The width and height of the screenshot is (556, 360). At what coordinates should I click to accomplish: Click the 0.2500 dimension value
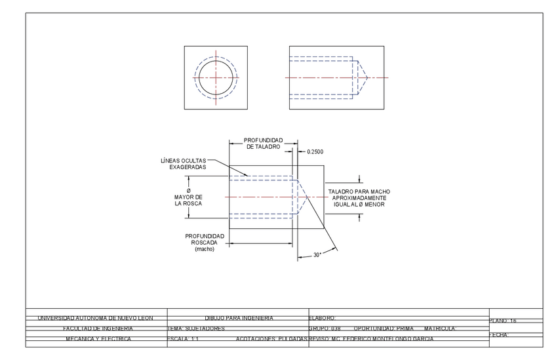click(315, 151)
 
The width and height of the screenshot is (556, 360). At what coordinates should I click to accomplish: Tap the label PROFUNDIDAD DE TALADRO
click(263, 144)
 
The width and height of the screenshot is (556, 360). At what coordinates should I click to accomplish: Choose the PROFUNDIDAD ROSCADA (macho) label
click(205, 242)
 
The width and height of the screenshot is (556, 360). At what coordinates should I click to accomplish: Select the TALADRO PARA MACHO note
click(357, 198)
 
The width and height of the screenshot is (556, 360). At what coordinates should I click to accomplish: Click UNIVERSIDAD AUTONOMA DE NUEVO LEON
click(95, 318)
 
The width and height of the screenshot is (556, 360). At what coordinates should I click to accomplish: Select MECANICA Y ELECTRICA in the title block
click(98, 338)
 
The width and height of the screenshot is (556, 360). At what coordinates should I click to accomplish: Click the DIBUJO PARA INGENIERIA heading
click(239, 318)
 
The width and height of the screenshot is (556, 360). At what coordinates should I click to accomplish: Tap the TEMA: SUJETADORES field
click(197, 328)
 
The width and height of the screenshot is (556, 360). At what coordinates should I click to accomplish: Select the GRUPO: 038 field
click(325, 328)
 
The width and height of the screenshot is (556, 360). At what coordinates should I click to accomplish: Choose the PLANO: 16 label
click(504, 321)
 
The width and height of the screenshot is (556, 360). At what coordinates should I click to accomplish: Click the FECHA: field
click(500, 335)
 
